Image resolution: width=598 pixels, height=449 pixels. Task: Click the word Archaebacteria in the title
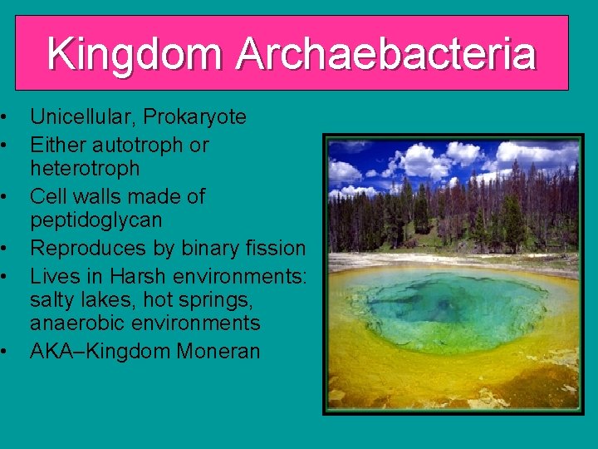point(385,54)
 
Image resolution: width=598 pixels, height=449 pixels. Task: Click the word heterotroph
point(85,169)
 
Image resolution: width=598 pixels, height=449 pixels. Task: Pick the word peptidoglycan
point(96,221)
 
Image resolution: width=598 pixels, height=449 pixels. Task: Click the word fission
point(277,248)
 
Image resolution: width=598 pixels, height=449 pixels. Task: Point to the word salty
point(56,299)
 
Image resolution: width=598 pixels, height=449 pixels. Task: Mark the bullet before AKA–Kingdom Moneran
point(5,352)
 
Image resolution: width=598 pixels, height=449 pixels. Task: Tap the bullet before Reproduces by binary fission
point(5,248)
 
